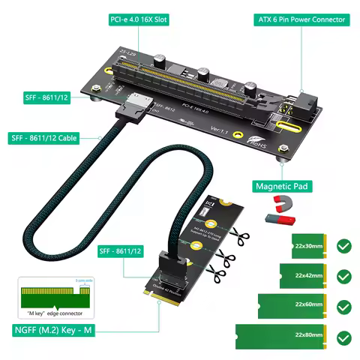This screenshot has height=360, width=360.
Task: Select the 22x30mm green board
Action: click(308, 245)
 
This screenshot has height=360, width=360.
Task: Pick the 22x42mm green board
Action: click(304, 275)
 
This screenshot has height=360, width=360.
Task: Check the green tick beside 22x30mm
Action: click(343, 245)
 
